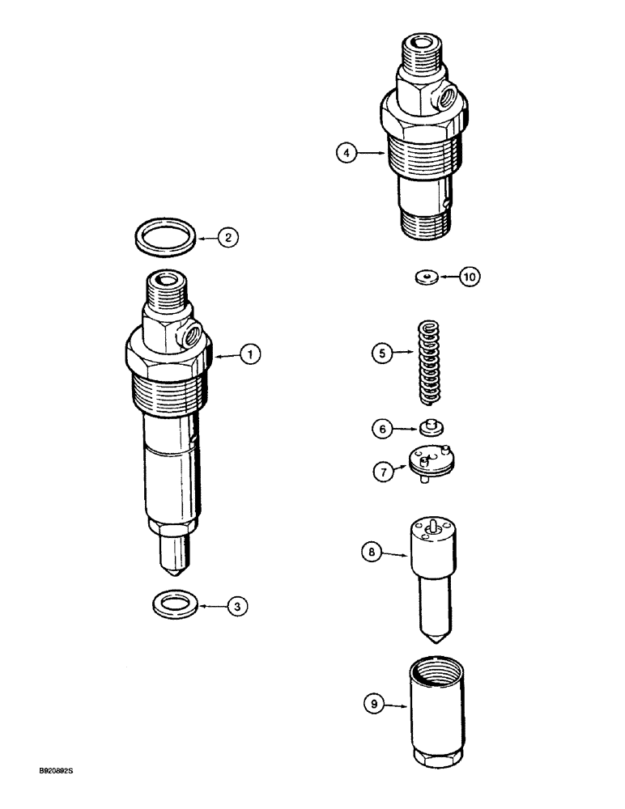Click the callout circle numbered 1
pos(252,354)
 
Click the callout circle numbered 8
pos(373,553)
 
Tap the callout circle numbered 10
pos(470,277)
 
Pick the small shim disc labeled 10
pos(425,277)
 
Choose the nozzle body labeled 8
pos(435,566)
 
